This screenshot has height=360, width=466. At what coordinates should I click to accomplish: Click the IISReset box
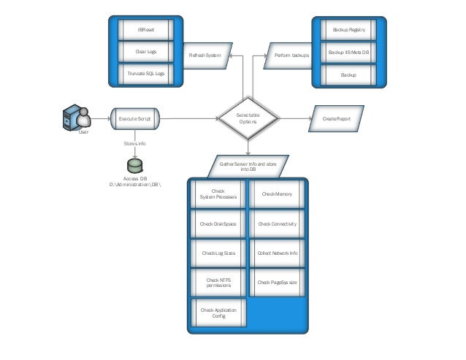point(145,30)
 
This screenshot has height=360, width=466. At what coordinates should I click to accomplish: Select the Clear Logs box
point(145,52)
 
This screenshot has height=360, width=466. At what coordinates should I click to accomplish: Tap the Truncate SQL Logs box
point(145,74)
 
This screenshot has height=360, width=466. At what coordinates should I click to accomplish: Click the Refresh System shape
point(205,55)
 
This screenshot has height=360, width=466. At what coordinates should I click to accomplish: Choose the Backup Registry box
point(348,30)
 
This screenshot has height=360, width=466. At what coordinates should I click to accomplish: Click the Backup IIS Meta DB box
point(348,53)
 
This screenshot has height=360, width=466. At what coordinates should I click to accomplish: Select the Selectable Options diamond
point(248,118)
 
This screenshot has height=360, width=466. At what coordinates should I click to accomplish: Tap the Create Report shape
point(337,118)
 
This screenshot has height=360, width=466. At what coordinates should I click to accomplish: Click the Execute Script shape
point(134,118)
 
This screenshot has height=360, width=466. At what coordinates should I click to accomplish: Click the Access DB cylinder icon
point(134,166)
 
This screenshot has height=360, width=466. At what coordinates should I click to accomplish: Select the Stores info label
point(134,144)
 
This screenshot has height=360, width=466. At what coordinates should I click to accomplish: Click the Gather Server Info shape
point(248,166)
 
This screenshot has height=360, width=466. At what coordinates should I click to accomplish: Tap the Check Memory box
point(277,194)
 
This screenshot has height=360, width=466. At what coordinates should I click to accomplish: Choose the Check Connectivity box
point(277,223)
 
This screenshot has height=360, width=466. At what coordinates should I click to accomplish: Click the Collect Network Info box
point(277,253)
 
